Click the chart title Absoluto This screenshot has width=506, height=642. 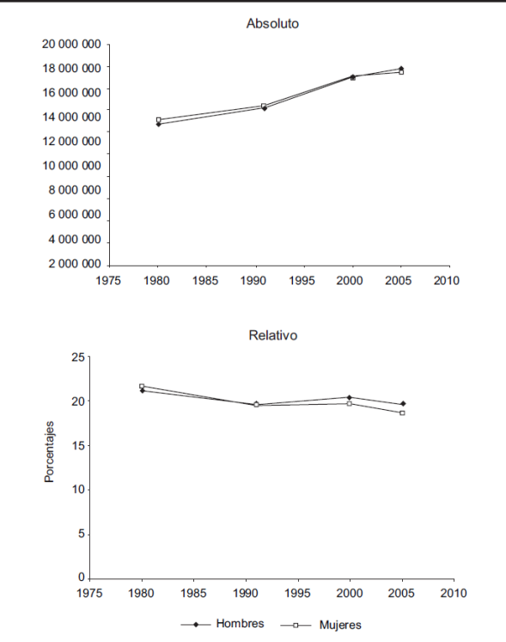click(x=272, y=23)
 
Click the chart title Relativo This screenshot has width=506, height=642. click(x=273, y=335)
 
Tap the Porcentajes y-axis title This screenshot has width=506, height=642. click(x=49, y=451)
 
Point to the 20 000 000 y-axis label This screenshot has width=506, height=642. click(x=71, y=44)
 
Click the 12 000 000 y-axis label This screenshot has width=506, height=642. click(x=71, y=141)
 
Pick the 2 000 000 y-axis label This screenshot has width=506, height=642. click(x=75, y=264)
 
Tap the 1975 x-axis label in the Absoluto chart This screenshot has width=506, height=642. click(x=108, y=280)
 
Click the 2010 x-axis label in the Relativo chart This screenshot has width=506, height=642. click(x=454, y=593)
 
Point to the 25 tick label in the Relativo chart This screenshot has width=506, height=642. click(x=78, y=357)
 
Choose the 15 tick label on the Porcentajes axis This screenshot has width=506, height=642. click(x=78, y=445)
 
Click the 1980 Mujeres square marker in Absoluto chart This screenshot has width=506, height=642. click(x=158, y=119)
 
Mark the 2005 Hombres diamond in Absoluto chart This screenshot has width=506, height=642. click(x=401, y=69)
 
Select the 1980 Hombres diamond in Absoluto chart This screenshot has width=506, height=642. click(x=158, y=124)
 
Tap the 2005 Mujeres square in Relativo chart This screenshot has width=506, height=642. click(x=402, y=413)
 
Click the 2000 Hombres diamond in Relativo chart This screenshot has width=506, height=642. click(x=349, y=397)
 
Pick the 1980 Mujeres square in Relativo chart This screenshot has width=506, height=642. click(x=142, y=386)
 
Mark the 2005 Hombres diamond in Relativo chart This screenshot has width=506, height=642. click(x=403, y=404)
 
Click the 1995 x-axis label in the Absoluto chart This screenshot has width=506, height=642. click(x=302, y=280)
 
